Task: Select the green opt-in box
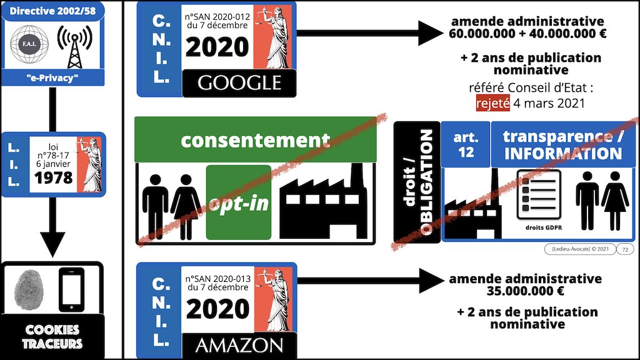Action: [238, 202]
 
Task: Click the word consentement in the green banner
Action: [254, 140]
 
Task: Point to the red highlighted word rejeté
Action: [492, 102]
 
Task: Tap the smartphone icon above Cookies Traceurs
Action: [71, 288]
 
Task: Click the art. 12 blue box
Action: [464, 144]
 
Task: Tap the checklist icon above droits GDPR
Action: [539, 193]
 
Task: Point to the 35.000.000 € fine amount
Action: [525, 291]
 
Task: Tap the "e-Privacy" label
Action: [52, 77]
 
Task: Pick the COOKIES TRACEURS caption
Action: [52, 336]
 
